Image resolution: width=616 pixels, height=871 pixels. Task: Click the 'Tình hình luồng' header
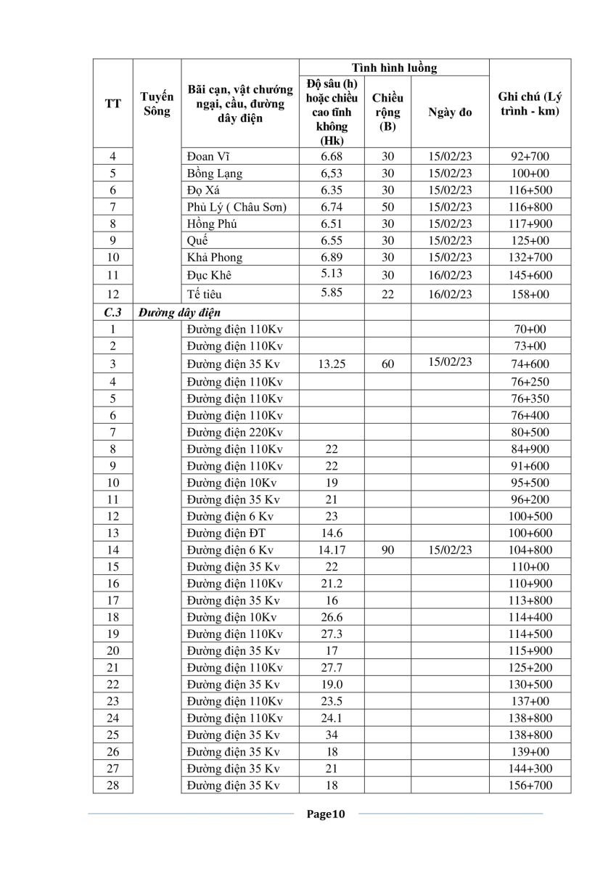(394, 68)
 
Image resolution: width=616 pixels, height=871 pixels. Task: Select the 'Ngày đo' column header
(450, 113)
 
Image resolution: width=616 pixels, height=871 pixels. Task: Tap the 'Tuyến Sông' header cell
(157, 104)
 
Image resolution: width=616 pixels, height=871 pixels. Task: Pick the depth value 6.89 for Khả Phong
(330, 257)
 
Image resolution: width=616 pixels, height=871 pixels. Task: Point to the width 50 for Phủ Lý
(388, 207)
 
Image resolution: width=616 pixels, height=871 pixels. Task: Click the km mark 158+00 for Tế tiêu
(530, 294)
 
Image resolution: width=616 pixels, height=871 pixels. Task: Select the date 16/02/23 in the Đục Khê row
(450, 276)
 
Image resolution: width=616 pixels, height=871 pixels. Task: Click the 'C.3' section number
(112, 312)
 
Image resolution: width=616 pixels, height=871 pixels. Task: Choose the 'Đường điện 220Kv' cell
(234, 432)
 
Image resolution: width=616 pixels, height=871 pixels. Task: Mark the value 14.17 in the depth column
(330, 550)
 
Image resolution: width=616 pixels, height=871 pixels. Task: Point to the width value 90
(388, 550)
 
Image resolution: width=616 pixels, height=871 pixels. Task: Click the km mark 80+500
(530, 432)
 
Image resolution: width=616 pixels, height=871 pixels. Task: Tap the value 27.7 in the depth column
(330, 668)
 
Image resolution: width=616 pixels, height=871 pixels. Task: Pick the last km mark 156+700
(530, 785)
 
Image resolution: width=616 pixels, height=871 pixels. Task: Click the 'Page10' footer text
(327, 814)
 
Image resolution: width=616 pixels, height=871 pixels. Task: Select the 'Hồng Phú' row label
(212, 224)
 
